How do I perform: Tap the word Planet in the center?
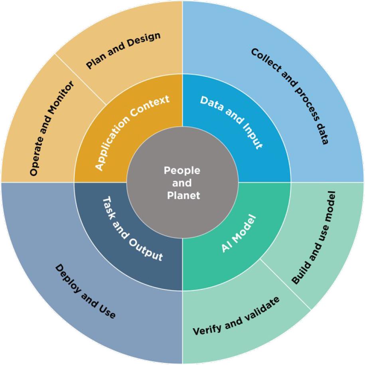point(182,196)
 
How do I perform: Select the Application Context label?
point(132,131)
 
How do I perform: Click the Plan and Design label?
point(123,50)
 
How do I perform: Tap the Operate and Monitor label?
point(52,128)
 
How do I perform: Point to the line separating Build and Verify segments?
point(285,284)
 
